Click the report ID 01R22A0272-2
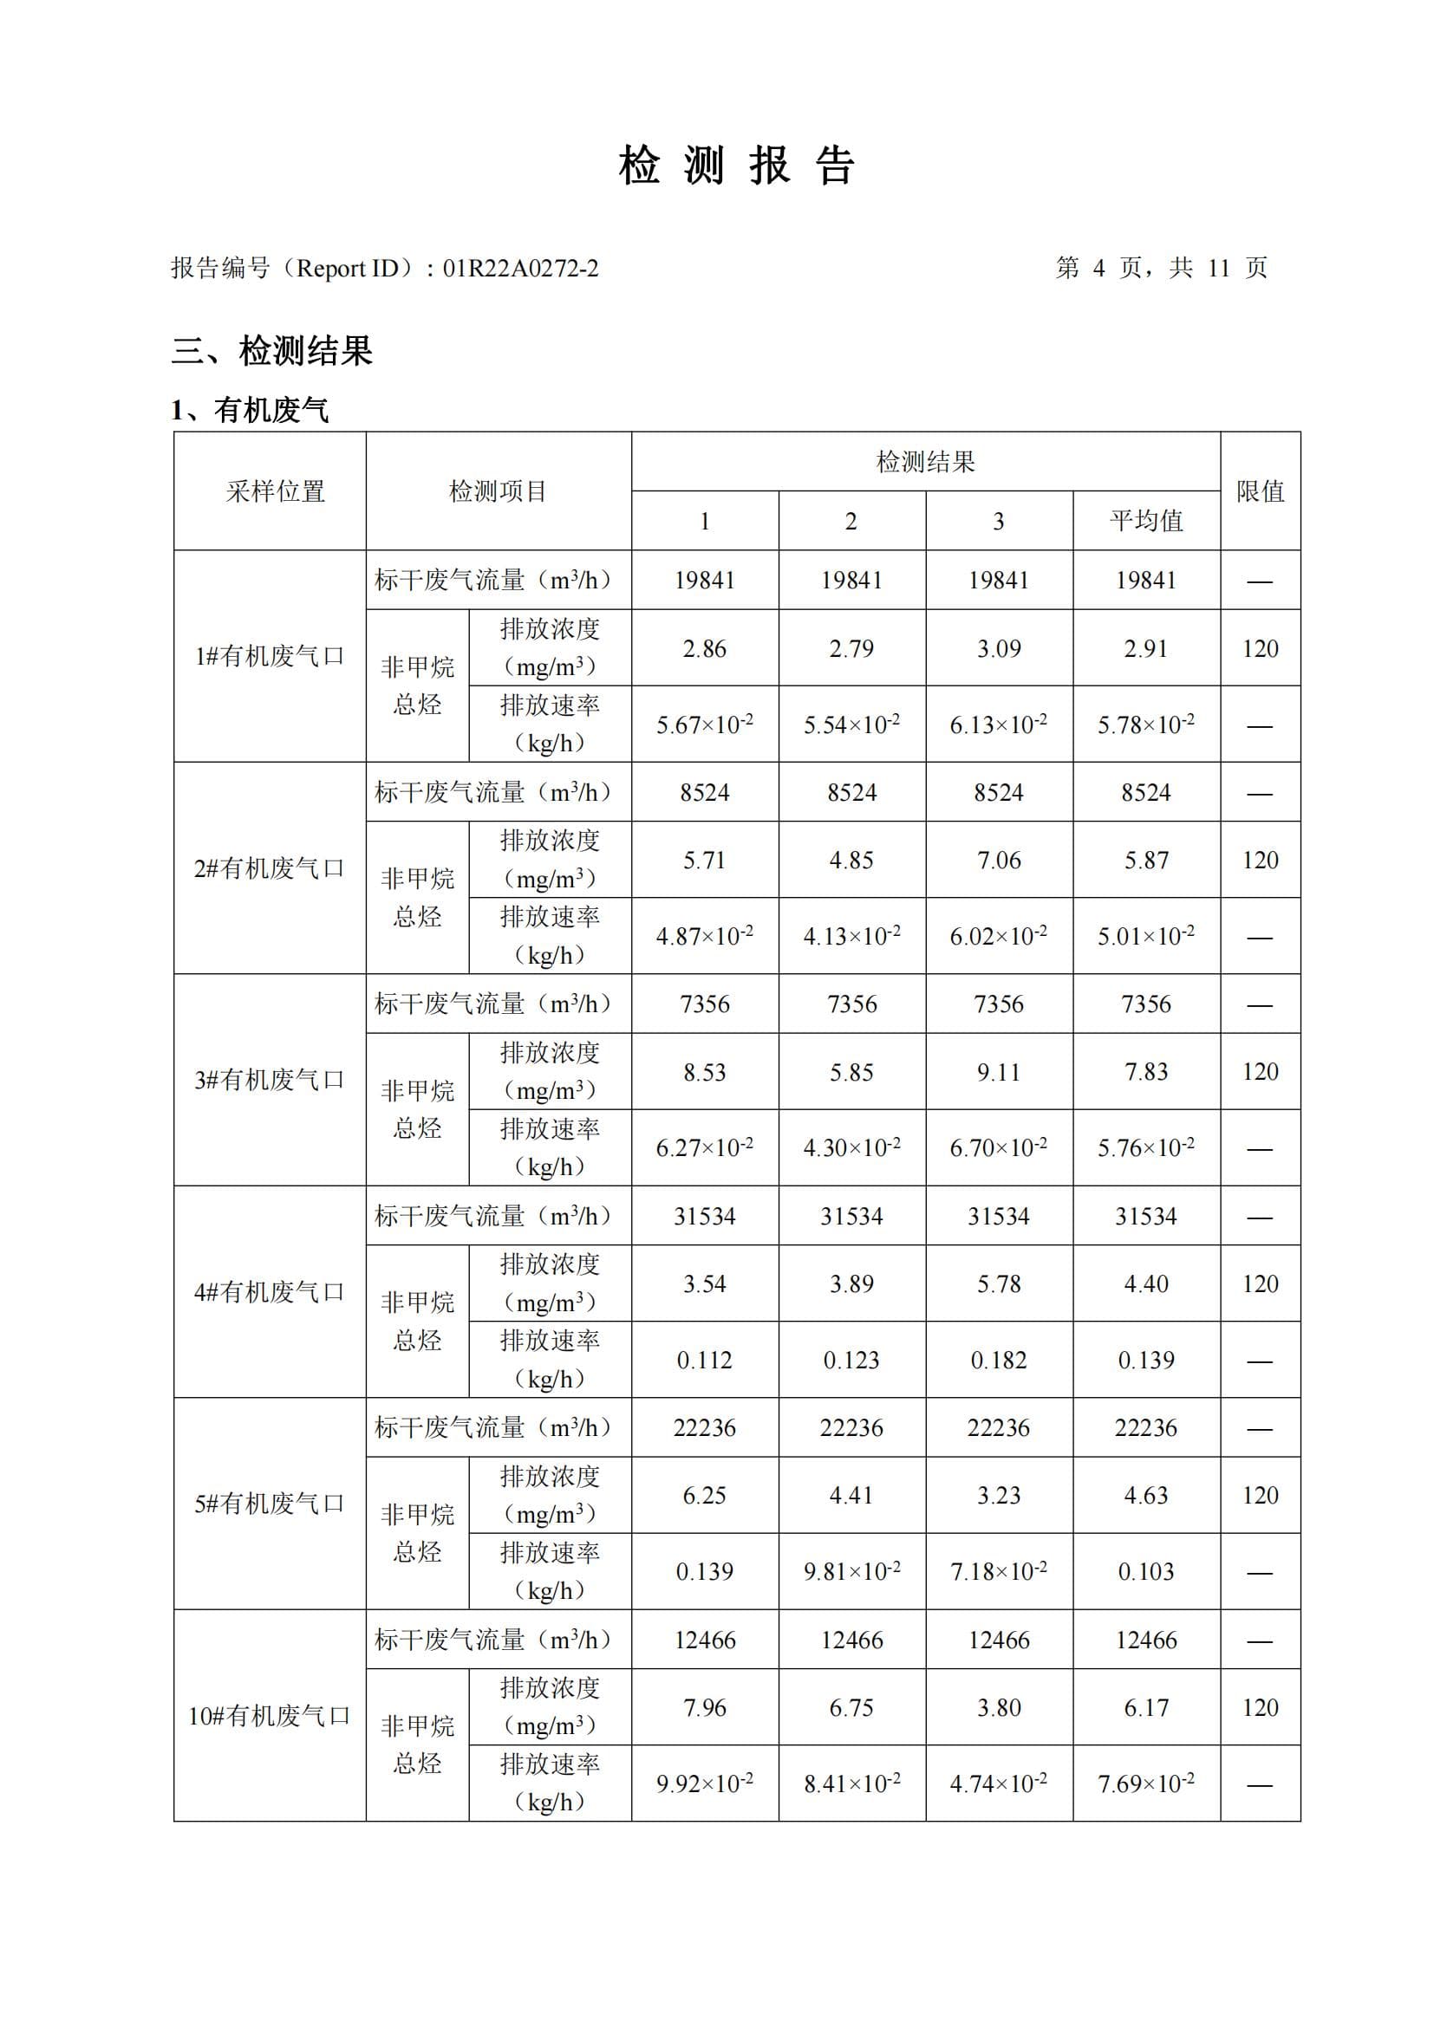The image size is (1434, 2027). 520,269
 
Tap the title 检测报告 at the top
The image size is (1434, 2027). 736,166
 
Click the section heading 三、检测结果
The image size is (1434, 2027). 272,351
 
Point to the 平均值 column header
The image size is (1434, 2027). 1146,521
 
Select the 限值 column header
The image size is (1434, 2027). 1260,491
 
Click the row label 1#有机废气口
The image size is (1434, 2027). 270,656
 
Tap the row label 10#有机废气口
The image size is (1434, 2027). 270,1715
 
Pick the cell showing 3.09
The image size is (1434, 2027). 999,649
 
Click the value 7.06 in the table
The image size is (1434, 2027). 999,860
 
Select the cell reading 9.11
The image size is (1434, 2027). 999,1072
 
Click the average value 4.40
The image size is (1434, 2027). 1146,1283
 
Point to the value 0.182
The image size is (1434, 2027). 999,1360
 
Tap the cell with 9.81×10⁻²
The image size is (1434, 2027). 852,1571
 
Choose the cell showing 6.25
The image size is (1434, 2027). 705,1496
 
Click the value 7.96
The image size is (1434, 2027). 705,1707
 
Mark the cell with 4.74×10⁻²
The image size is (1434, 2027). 999,1783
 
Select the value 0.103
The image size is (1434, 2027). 1146,1571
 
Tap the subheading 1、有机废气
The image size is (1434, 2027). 250,411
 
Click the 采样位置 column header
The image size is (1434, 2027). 276,491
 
